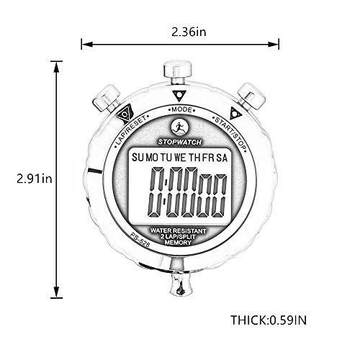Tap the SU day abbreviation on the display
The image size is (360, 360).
[137, 158]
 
